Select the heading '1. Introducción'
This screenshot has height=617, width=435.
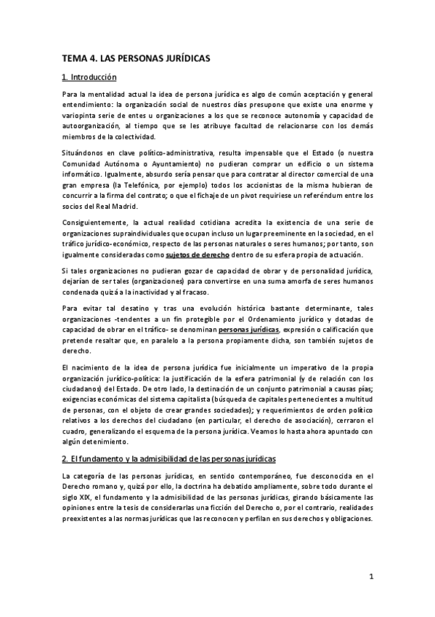90,77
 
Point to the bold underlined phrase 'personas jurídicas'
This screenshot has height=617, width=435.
248,330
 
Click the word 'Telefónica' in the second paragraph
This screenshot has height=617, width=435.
131,185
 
